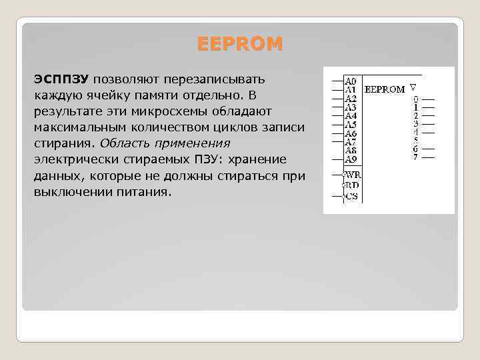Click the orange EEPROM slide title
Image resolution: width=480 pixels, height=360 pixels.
(240, 45)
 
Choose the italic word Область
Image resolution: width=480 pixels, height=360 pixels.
(125, 143)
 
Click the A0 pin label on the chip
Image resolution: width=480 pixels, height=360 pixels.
(351, 80)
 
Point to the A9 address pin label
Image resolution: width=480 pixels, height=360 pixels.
(351, 159)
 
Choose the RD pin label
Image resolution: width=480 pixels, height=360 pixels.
(351, 185)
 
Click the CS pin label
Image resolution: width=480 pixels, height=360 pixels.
(351, 196)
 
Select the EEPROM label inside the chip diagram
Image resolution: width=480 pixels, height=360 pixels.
(386, 89)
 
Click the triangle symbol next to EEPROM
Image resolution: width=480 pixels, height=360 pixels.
(413, 87)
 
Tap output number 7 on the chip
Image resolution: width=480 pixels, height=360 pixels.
(416, 157)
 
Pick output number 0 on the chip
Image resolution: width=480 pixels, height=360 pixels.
(416, 99)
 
